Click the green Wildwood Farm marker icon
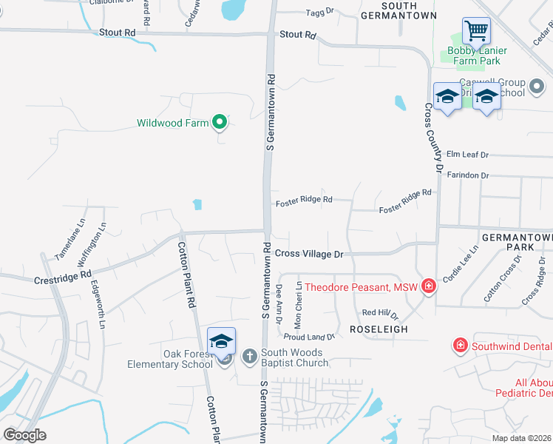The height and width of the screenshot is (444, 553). tap(219, 122)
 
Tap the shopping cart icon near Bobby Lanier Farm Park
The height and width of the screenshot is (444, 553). tap(476, 32)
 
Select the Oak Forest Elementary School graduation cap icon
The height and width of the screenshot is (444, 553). tap(221, 341)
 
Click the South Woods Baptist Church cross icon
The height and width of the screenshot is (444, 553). tap(249, 357)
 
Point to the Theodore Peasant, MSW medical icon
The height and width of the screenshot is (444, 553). tap(428, 287)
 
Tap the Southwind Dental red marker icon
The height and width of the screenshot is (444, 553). tap(460, 346)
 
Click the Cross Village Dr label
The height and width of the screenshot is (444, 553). tap(310, 254)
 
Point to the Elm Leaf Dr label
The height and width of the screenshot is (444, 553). tap(468, 155)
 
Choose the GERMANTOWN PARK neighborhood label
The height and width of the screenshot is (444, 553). tap(517, 243)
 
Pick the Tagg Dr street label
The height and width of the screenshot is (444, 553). tap(321, 13)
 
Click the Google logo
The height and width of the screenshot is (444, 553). tap(24, 434)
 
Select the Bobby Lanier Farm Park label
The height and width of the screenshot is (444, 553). tap(477, 55)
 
